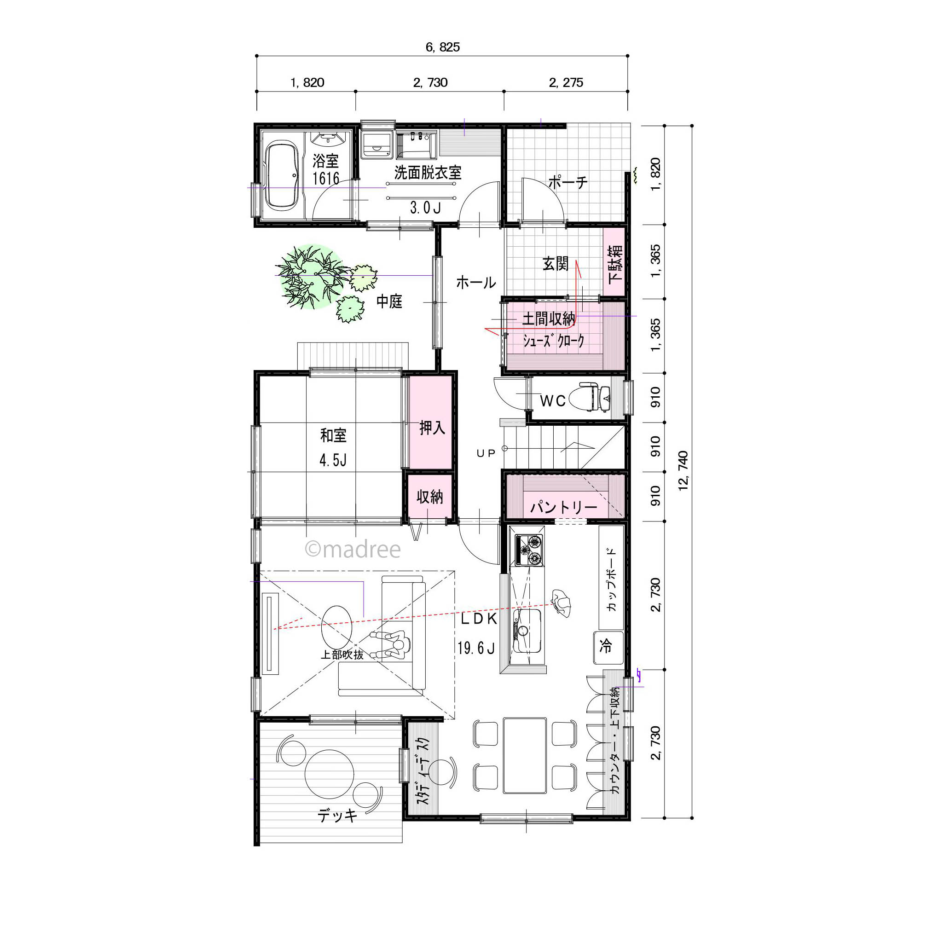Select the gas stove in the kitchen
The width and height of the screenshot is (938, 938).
coord(529,550)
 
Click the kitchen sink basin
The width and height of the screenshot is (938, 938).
coord(527,631)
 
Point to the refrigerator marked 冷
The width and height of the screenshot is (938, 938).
coord(608,647)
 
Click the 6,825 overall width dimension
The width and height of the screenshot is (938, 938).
coord(442,47)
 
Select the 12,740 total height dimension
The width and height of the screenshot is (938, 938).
coord(683,471)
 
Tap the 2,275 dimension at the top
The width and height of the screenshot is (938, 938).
coord(566,82)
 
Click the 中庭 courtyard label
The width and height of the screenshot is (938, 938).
coord(389,301)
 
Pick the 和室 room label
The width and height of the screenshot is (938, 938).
coord(334,435)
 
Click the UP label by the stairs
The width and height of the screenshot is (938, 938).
coord(486,453)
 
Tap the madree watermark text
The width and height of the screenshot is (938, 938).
coord(353,549)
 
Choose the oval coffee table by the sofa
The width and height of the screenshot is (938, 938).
coord(336,624)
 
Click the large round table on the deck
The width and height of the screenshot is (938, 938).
coord(330,773)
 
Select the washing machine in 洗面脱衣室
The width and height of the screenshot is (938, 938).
coord(377,143)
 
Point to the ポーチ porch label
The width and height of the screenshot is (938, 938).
coord(567,183)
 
